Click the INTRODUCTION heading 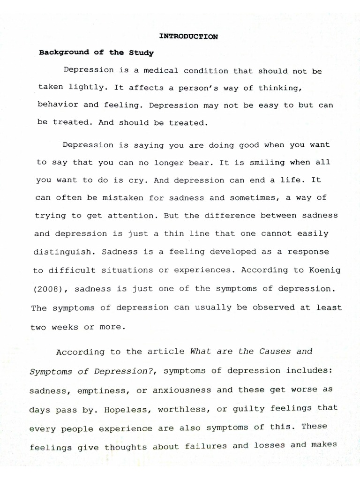(189, 37)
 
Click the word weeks (64, 327)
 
